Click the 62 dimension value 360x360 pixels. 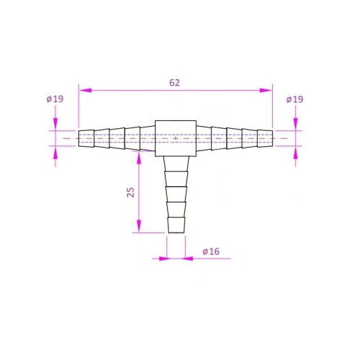coord(175,83)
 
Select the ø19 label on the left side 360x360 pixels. coord(55,99)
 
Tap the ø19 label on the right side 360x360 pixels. coord(294,99)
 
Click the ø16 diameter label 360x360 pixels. coord(210,251)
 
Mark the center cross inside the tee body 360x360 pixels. coord(176,137)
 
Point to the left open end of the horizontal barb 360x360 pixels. coord(79,138)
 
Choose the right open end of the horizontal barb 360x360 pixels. coord(273,138)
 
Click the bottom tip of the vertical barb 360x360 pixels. coord(176,233)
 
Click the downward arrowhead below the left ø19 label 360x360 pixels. coord(55,125)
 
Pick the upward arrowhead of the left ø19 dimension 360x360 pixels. coord(55,150)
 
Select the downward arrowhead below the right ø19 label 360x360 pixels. coord(295,125)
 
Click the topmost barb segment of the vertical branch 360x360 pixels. coord(176,164)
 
